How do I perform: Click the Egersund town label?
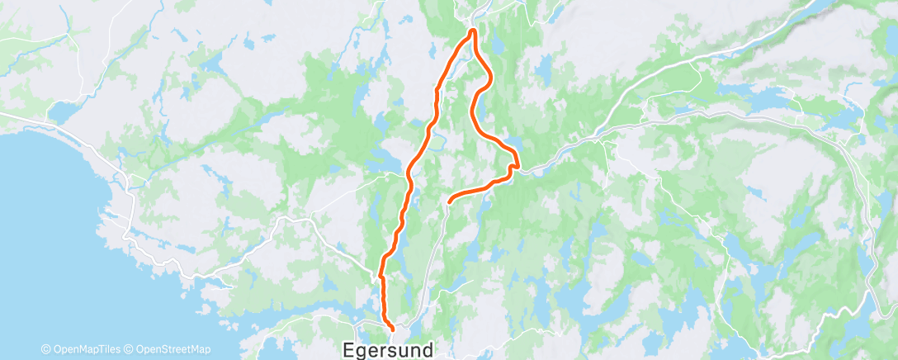[387, 350]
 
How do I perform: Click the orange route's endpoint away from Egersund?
[449, 200]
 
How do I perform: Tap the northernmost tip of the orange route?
[472, 31]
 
